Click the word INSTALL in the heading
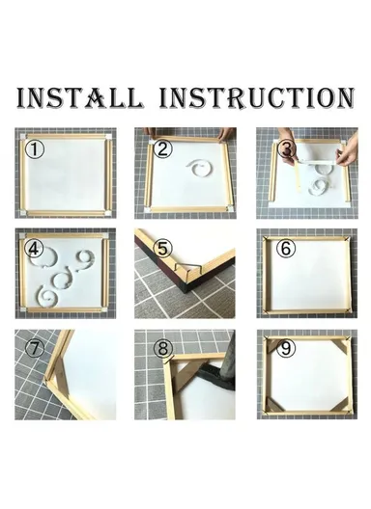79,97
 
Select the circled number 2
162,148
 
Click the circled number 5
163,248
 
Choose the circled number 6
285,248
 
